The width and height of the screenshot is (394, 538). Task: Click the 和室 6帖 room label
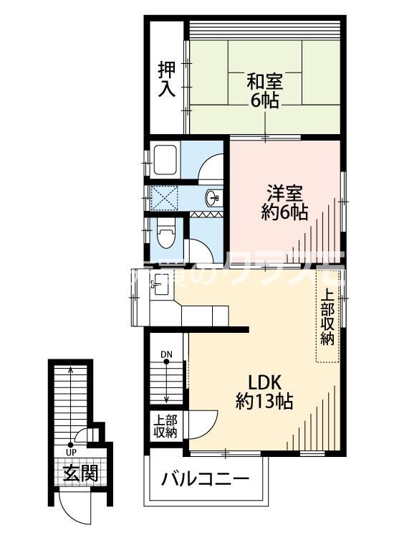coord(265,90)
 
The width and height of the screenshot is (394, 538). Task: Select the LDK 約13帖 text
coord(264,390)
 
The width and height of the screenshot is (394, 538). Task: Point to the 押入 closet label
coord(166,79)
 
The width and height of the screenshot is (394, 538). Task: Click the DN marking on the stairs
coord(166,354)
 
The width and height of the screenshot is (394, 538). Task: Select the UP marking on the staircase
coord(71,452)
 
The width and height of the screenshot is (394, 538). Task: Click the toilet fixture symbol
coord(164,232)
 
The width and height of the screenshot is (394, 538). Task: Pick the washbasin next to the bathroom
coord(212,197)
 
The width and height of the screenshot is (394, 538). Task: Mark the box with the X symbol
coord(163,196)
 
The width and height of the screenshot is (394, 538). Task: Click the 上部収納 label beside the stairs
coord(165,427)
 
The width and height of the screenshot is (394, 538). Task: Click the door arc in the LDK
coord(205,423)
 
